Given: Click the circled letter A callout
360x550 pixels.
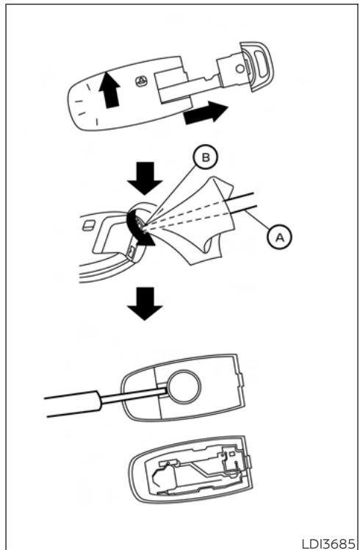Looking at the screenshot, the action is click(280, 238).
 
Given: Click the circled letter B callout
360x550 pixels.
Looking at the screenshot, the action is click(206, 157).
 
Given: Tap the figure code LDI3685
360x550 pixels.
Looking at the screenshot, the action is click(328, 541).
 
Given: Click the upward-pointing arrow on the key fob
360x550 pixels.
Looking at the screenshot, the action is click(109, 90).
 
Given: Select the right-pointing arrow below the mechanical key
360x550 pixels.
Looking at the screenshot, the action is click(206, 113).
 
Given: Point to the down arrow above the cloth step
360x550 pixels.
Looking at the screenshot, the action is click(145, 178).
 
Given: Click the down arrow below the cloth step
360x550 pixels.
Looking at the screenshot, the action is click(145, 304).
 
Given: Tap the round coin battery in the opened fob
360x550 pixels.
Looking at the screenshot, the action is click(184, 387).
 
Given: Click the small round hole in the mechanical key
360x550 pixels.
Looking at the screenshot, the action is click(240, 68).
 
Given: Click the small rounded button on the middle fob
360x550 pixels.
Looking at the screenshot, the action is click(88, 226).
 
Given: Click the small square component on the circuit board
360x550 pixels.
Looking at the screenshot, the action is click(231, 454).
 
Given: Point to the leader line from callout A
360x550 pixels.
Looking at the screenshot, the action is click(258, 219).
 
